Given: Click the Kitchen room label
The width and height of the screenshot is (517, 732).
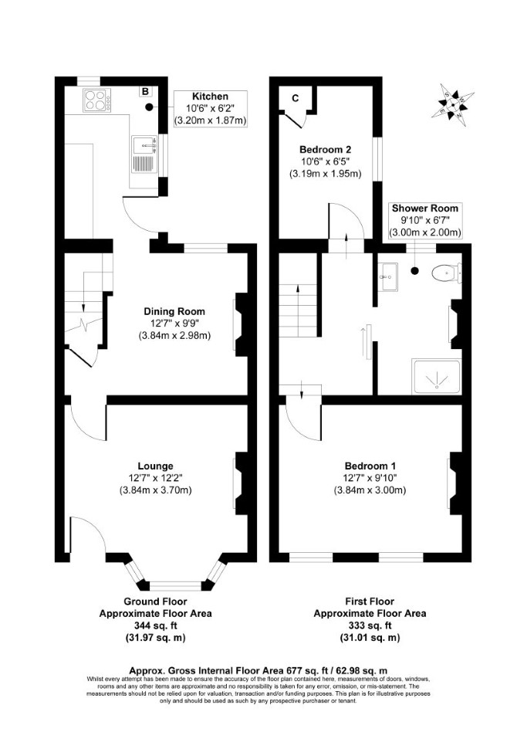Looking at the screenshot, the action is [211, 97].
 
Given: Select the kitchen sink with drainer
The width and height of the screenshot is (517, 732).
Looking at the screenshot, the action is [144, 154].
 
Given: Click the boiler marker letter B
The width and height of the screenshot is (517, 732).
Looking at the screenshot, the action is [146, 91].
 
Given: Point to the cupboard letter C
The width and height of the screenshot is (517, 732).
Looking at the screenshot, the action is [295, 98].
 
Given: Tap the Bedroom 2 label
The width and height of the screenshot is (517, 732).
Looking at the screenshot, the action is [325, 150].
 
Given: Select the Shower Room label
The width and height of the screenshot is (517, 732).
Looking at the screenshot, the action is [424, 208].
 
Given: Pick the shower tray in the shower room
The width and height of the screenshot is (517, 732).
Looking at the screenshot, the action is [437, 376].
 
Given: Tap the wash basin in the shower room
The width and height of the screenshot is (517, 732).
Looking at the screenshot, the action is [387, 276].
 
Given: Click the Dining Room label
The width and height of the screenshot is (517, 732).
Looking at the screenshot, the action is [174, 311].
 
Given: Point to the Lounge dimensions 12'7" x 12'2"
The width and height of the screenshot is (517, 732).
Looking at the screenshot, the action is [155, 478].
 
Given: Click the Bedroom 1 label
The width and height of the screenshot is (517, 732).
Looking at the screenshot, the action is [370, 466].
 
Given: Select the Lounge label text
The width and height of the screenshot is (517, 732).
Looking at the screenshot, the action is [155, 466].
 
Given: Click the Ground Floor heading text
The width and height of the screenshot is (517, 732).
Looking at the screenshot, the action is [155, 602].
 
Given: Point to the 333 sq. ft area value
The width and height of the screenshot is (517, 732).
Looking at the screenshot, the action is [370, 625].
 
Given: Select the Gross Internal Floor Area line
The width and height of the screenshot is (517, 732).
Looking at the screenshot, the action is [258, 670].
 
